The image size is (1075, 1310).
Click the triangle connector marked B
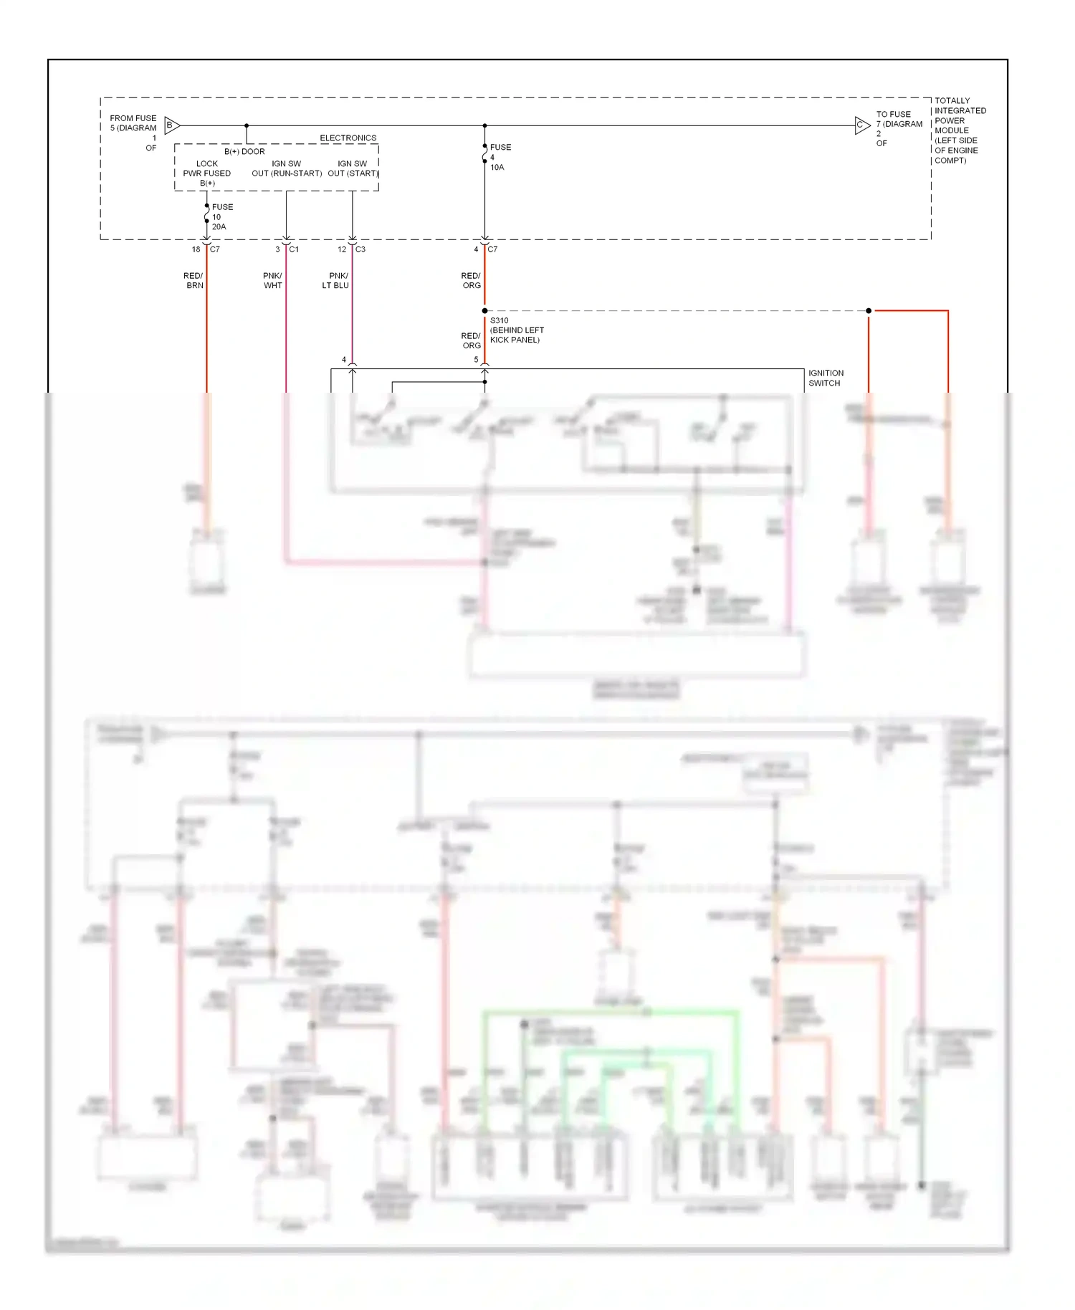(171, 125)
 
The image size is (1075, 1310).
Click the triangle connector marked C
(861, 125)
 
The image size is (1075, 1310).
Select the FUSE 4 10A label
(500, 157)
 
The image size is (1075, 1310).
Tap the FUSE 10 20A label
(221, 216)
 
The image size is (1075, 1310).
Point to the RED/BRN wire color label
(193, 280)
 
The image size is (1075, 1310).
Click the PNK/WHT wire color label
(272, 280)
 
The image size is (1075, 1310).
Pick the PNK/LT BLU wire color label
(336, 280)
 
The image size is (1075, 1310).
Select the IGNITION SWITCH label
(826, 378)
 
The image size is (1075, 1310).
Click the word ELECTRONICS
(348, 138)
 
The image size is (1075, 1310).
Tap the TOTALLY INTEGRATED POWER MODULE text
(960, 130)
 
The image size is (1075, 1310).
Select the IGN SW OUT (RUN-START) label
(286, 168)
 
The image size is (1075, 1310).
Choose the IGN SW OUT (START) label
(353, 168)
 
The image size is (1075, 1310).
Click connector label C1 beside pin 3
(294, 249)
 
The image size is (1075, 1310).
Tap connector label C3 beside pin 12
(360, 249)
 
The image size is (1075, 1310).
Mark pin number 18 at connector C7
(196, 249)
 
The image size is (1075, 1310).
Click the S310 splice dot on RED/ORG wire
(484, 311)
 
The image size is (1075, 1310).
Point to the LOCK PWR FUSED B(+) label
(207, 173)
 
